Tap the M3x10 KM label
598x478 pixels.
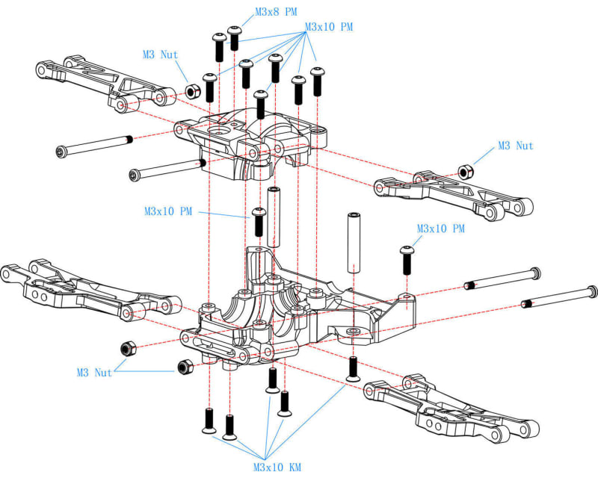276,467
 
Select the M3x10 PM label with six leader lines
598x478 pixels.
329,27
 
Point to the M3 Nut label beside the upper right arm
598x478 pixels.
516,146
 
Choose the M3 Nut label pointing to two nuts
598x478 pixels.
93,372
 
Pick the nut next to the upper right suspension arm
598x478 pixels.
464,170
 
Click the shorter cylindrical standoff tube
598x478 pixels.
274,217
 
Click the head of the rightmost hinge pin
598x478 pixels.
593,291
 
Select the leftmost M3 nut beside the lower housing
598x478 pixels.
127,349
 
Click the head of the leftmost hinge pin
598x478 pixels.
61,152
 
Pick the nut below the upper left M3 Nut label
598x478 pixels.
191,90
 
